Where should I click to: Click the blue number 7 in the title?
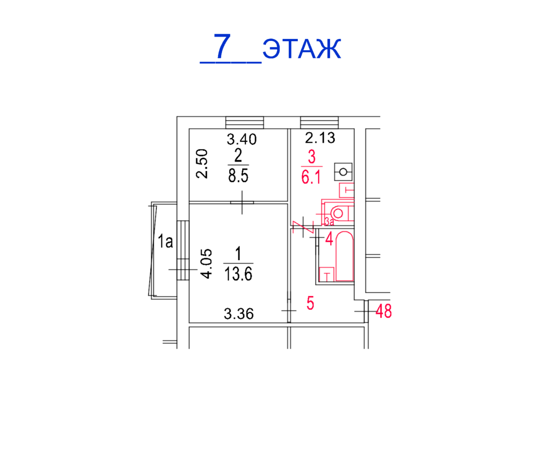click(222, 46)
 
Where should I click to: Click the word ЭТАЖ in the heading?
click(301, 49)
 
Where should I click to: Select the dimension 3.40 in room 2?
click(241, 139)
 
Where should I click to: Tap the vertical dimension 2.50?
click(202, 163)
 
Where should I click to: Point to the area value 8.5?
click(238, 175)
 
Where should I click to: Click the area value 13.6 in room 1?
click(238, 274)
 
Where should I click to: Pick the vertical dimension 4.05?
click(206, 264)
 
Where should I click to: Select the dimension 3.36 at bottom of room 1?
click(238, 314)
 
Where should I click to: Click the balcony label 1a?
click(165, 241)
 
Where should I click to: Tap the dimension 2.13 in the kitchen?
click(320, 138)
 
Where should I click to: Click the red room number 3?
click(312, 157)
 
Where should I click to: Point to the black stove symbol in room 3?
click(343, 172)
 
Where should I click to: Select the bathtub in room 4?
click(345, 256)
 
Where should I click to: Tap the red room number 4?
click(329, 238)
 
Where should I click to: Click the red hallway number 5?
click(310, 303)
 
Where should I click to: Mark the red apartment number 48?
click(384, 311)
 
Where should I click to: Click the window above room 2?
click(244, 122)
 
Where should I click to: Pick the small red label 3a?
click(329, 222)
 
